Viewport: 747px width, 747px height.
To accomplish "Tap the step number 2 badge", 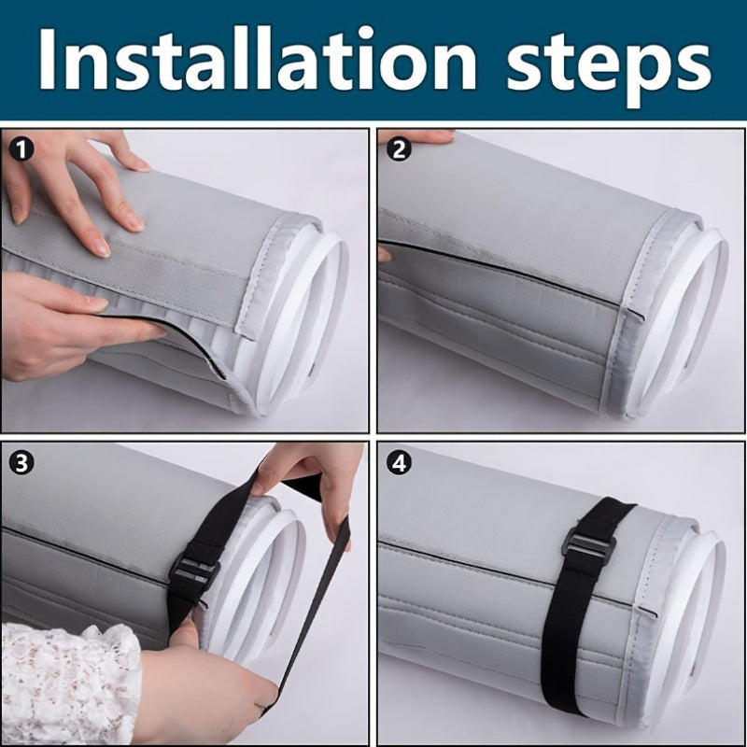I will (399, 147).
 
